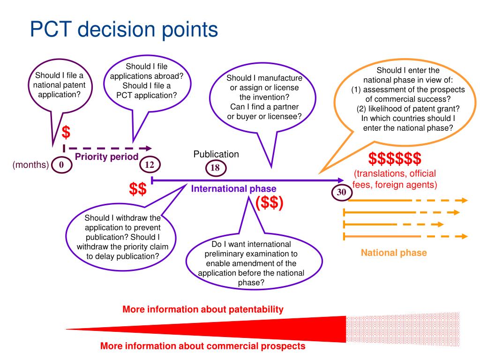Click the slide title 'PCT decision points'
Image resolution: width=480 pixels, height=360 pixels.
pos(124,30)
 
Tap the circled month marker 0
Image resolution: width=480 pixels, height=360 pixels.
pos(61,165)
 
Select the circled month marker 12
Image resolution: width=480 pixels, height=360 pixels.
pos(150,165)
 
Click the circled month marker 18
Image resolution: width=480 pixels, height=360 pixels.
pos(216,168)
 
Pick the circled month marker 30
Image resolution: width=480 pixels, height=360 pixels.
pos(342,192)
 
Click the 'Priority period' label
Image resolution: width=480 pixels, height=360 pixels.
pos(106,157)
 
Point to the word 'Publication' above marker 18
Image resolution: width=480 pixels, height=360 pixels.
pos(216,154)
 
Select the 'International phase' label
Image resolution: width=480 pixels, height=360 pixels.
pos(233,188)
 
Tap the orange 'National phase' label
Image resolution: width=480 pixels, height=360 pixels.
pos(394,253)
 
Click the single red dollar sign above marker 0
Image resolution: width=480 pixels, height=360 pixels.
pos(66,132)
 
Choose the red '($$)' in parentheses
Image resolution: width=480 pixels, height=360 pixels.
pos(270,202)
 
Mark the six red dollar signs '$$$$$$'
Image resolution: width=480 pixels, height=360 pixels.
pos(395,158)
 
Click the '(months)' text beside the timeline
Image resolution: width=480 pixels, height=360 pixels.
pos(30,165)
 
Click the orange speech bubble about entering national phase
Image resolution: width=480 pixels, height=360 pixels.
pos(405,101)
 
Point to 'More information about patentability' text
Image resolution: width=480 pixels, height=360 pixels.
pos(203,309)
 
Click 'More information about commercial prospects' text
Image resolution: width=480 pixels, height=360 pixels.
pos(202,346)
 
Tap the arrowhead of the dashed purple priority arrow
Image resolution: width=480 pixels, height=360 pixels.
pos(149,149)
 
